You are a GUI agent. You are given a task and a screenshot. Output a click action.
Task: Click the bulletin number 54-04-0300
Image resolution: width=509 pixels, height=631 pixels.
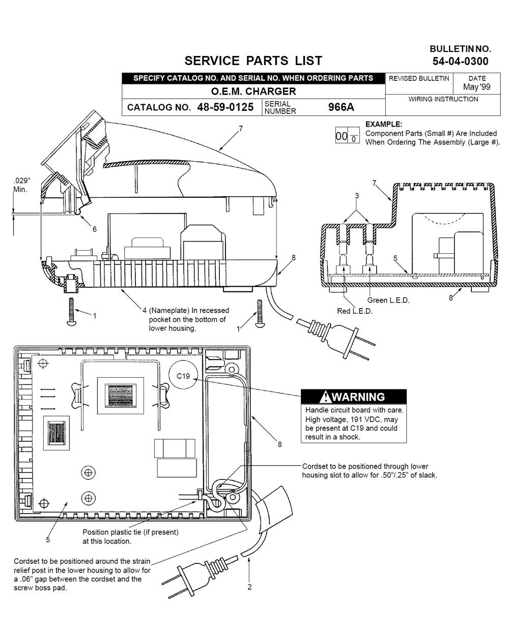click(460, 62)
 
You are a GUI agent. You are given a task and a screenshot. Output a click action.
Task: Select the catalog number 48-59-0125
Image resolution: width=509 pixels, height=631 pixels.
click(225, 107)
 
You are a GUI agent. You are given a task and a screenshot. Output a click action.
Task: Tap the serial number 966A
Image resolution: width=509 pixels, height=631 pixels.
click(341, 107)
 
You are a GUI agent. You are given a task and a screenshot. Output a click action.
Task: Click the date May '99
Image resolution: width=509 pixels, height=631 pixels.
click(477, 87)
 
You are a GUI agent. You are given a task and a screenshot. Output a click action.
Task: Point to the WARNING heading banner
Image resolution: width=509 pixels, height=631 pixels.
click(354, 397)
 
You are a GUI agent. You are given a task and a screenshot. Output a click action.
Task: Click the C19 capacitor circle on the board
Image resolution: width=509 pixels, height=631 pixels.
click(183, 375)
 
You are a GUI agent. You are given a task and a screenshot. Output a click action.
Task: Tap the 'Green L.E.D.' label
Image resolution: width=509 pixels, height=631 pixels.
click(388, 301)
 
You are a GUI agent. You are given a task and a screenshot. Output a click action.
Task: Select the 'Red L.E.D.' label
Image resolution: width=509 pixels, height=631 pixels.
click(355, 311)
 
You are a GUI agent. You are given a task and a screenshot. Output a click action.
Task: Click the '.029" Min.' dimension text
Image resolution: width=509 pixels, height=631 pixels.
click(22, 185)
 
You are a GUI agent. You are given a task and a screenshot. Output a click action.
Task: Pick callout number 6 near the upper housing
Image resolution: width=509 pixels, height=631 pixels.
click(95, 229)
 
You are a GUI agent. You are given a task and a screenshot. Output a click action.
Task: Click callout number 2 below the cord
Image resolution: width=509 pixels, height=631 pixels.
click(249, 587)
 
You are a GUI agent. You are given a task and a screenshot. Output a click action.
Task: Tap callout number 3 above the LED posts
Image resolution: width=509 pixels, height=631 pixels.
click(357, 196)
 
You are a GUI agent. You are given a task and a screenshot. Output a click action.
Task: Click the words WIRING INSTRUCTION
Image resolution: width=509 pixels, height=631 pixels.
click(443, 99)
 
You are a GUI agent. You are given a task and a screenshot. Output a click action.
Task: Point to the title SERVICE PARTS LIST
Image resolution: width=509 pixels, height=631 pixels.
click(253, 61)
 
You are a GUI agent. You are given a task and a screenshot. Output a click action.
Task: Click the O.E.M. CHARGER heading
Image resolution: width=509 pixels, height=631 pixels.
click(253, 92)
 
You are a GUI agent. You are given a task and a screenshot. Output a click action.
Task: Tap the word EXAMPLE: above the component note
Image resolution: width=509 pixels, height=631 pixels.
click(384, 125)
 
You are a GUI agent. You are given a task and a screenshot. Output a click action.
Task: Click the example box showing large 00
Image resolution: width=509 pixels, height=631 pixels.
click(347, 135)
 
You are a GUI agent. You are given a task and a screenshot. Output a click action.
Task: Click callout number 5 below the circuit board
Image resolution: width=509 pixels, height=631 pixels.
click(48, 540)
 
